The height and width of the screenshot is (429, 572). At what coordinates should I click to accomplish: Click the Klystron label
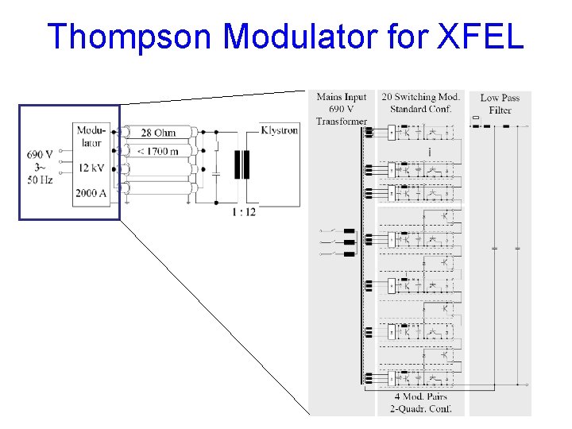click(x=279, y=130)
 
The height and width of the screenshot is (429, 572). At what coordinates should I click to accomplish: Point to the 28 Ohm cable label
click(x=159, y=133)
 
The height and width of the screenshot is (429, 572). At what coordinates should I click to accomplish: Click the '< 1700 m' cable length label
click(x=157, y=151)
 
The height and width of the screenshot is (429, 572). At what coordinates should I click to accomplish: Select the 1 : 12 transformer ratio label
click(x=243, y=212)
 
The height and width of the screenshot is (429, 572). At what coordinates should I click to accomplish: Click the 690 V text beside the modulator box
click(x=40, y=154)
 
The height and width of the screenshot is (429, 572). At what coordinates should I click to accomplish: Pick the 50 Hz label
click(x=40, y=180)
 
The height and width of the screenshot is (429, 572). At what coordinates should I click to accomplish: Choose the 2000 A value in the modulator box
click(x=91, y=193)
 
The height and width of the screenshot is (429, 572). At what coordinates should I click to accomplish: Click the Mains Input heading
click(x=341, y=98)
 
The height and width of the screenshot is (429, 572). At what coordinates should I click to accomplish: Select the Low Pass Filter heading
click(x=500, y=104)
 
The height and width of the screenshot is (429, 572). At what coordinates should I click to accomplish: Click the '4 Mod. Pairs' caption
click(x=420, y=396)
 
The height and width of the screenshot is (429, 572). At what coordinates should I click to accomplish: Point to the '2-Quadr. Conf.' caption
click(x=420, y=408)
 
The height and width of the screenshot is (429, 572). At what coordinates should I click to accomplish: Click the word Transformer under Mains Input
click(x=342, y=122)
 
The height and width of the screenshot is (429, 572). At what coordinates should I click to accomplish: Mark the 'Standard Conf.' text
click(x=420, y=109)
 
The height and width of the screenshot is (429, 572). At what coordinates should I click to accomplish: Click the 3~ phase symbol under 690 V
click(x=40, y=167)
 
